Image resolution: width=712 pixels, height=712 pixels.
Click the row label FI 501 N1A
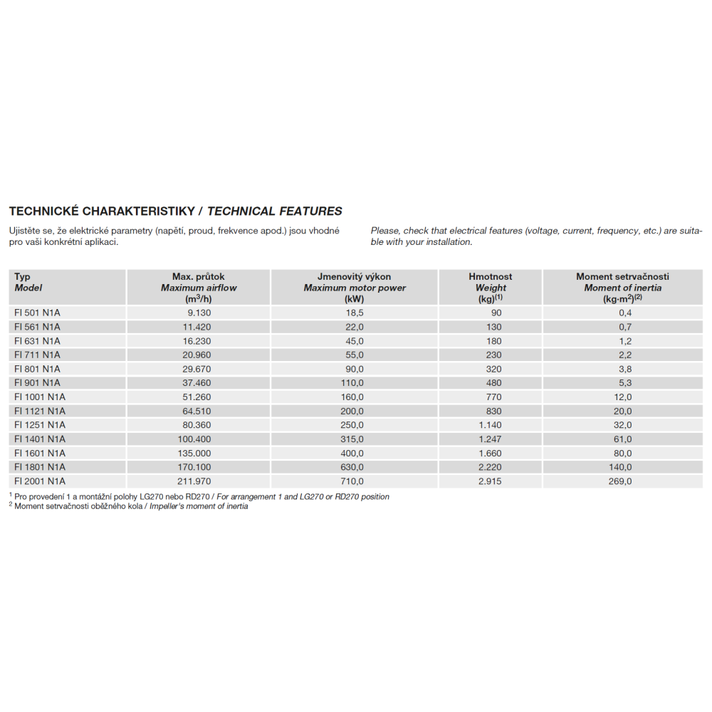click(37, 313)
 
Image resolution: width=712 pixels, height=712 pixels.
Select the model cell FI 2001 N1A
click(40, 481)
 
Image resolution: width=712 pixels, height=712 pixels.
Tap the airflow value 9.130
click(199, 313)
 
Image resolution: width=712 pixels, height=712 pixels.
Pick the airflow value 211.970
click(199, 481)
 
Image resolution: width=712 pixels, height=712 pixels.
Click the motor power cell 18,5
click(354, 313)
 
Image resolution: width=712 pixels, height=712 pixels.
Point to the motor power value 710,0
click(354, 481)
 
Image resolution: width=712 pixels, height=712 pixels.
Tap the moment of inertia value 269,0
click(619, 481)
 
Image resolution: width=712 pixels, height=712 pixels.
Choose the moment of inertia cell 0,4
click(624, 313)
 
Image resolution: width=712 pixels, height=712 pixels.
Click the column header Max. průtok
click(199, 276)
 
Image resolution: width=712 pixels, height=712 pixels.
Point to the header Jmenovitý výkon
click(354, 276)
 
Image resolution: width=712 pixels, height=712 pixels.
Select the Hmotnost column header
click(490, 276)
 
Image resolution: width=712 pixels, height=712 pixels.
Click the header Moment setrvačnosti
click(622, 276)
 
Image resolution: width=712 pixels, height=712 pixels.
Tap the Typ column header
click(23, 276)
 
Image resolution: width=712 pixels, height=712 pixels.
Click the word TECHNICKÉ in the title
click(43, 211)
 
